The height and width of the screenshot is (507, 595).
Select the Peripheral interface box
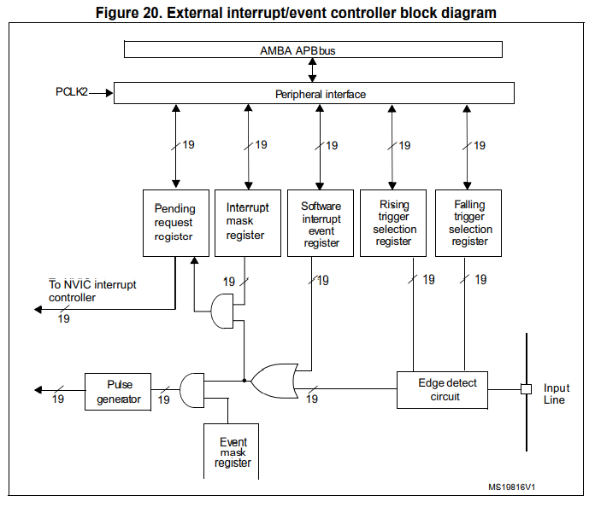[314, 93]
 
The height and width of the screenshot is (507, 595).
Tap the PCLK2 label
[72, 90]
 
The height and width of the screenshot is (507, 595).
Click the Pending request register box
[174, 222]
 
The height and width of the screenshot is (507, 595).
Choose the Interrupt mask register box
[247, 222]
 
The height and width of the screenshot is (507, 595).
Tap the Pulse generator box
[118, 392]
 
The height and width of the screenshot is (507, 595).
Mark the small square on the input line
[527, 389]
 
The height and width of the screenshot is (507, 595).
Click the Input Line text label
[554, 393]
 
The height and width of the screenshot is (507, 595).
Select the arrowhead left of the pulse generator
[38, 389]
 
